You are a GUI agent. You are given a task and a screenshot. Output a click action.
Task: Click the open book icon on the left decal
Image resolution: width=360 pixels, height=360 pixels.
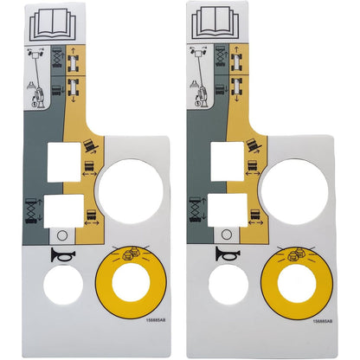click(x=46, y=21)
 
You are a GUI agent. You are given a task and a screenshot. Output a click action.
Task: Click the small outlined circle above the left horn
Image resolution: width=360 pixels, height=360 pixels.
click(x=61, y=235)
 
